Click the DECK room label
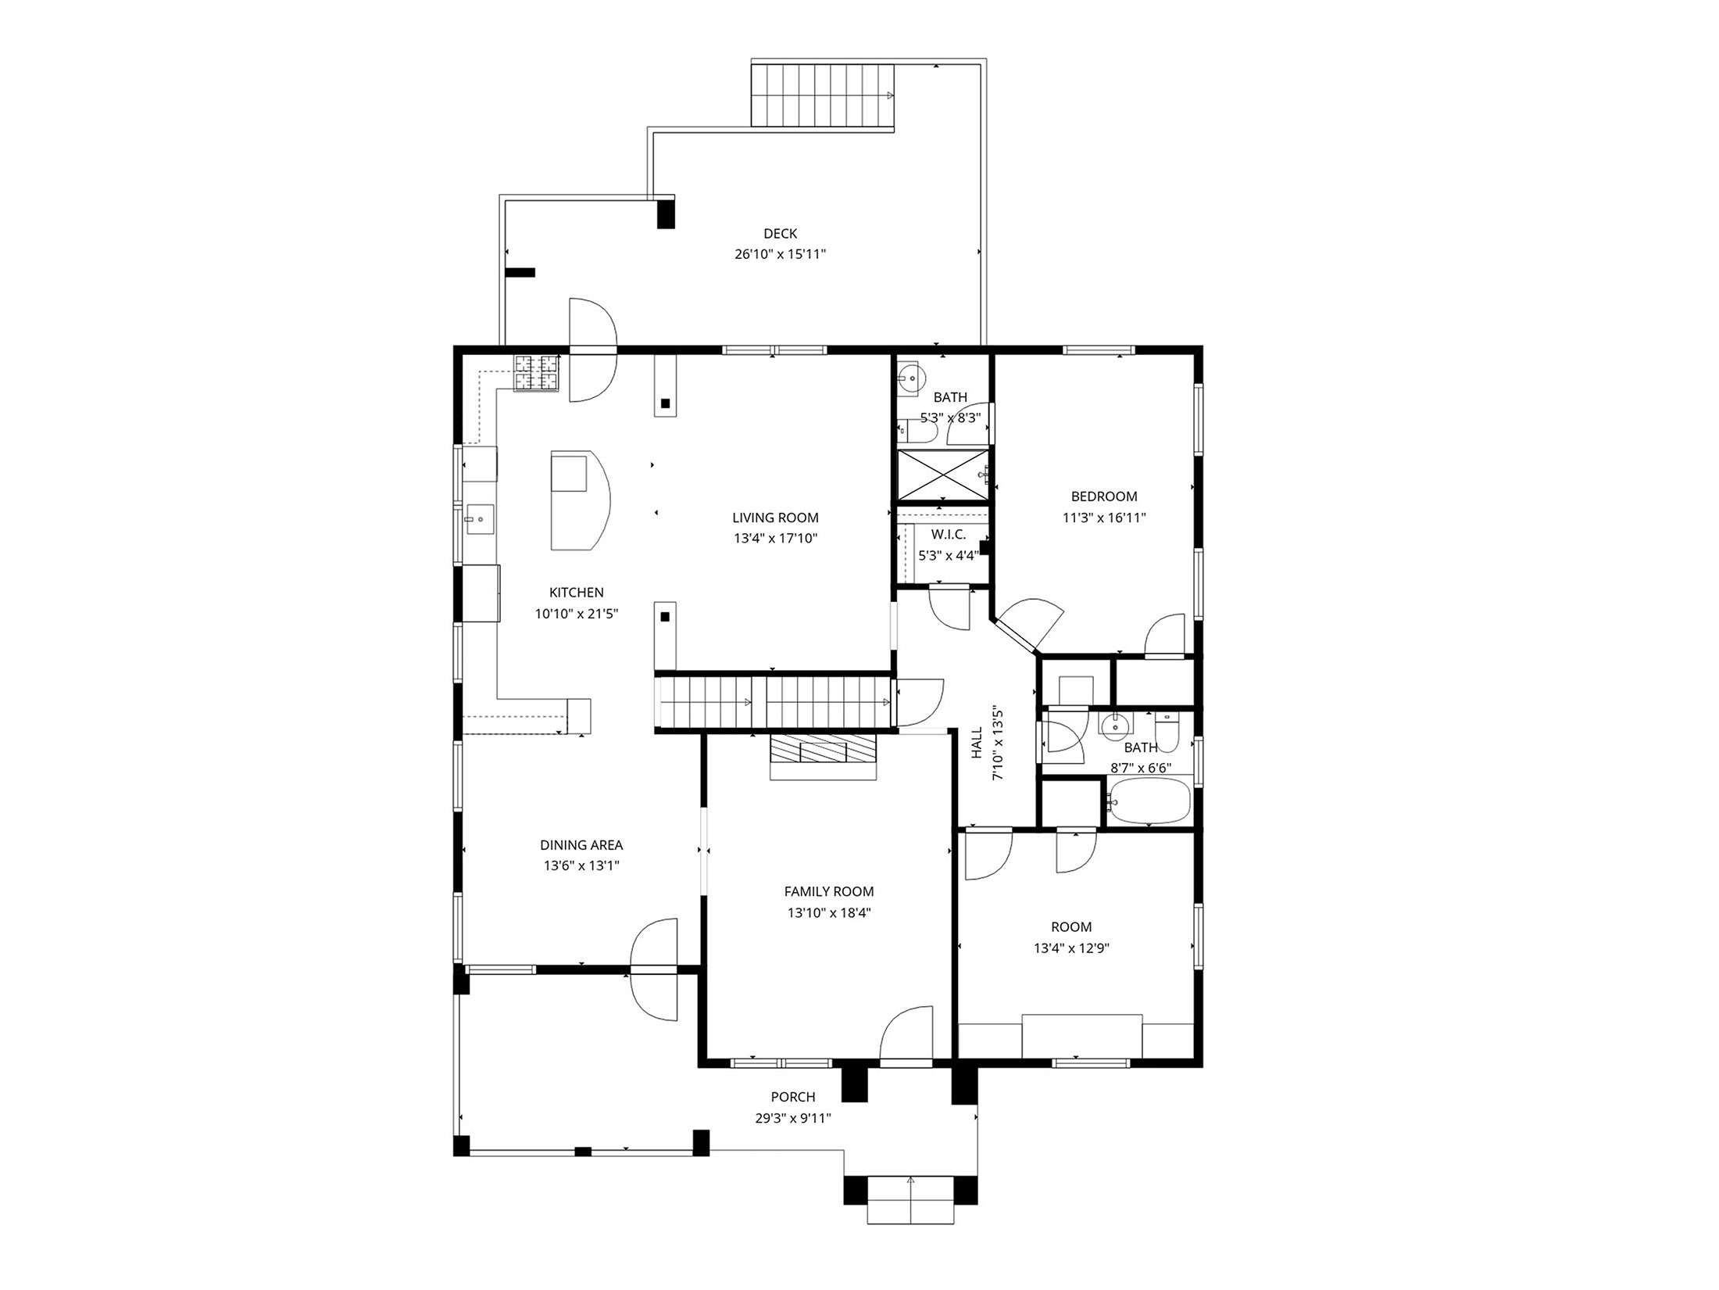[780, 233]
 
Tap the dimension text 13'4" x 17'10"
[775, 538]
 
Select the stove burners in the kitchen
[537, 373]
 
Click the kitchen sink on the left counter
[480, 518]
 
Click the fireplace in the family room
[824, 756]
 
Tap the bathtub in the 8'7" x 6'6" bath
[1149, 801]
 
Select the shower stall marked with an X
[942, 474]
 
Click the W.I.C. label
[948, 535]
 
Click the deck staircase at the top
[822, 95]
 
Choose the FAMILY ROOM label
[828, 891]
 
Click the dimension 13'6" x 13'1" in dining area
[581, 865]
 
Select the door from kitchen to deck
[592, 350]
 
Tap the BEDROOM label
[1103, 496]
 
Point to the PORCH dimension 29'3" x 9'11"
[792, 1118]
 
